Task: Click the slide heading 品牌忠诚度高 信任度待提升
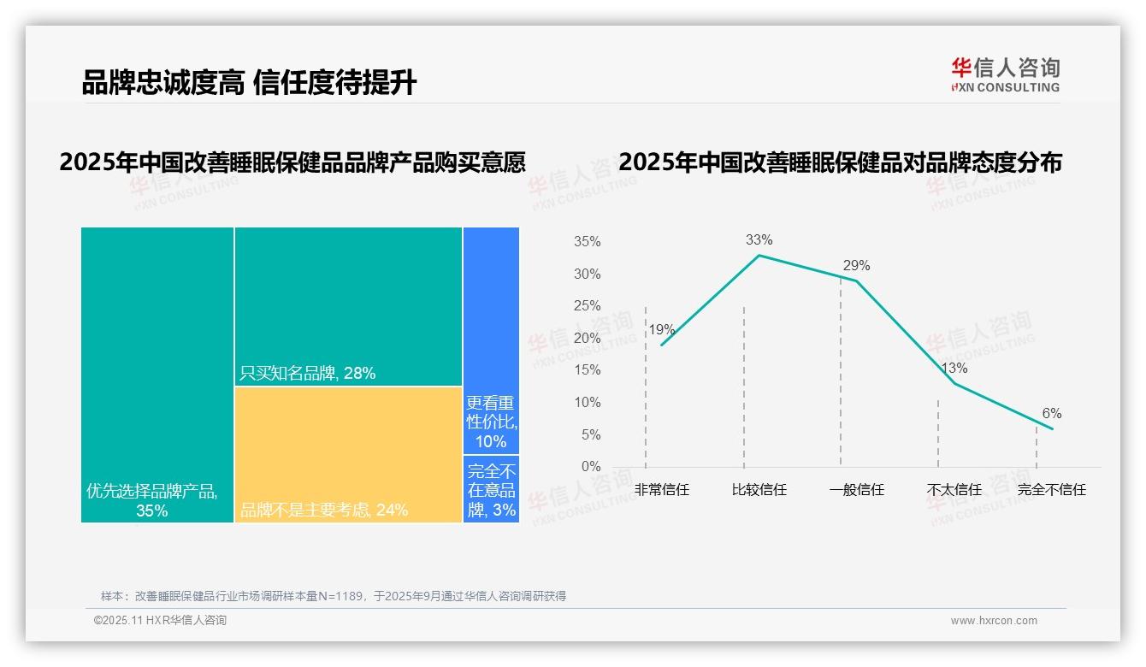point(249,83)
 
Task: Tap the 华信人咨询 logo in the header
point(1005,74)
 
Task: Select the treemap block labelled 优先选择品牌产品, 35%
point(157,375)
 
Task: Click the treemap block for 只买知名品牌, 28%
point(348,306)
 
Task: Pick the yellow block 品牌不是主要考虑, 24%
point(348,454)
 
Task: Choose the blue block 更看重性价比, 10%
point(491,340)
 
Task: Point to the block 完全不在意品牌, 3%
point(491,489)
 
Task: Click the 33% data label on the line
point(759,240)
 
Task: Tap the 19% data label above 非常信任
point(661,330)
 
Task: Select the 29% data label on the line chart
point(856,266)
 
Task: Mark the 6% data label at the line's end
point(1052,414)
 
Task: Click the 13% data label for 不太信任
point(954,369)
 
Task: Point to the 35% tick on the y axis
point(587,242)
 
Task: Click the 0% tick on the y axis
point(590,467)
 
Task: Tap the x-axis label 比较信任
point(759,490)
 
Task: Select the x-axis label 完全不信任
point(1051,490)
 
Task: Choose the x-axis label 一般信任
point(856,490)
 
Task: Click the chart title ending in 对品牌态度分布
point(840,162)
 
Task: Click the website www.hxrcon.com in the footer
point(994,621)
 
